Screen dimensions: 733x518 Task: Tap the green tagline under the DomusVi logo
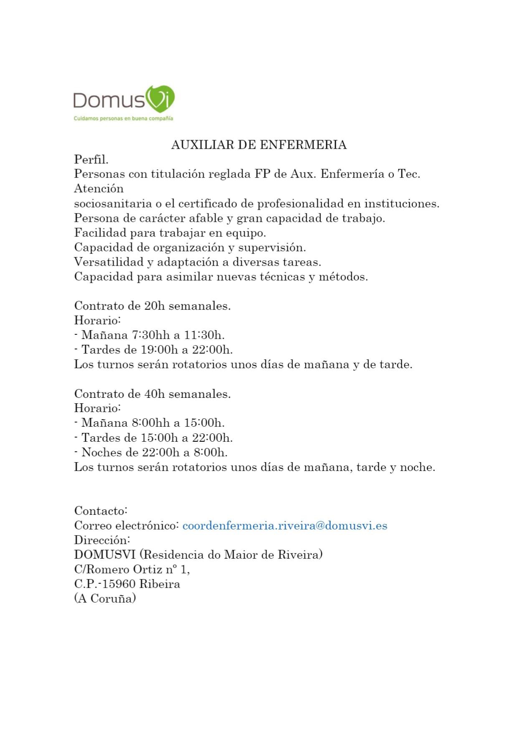123,118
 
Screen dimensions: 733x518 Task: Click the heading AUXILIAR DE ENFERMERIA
259,145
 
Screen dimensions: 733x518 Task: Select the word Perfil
91,159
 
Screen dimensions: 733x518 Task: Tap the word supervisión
272,247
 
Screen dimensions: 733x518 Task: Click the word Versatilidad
109,262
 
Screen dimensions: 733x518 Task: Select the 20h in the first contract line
155,306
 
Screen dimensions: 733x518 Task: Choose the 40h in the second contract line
155,394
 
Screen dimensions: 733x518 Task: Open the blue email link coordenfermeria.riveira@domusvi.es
285,525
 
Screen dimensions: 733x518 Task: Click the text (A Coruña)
105,598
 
